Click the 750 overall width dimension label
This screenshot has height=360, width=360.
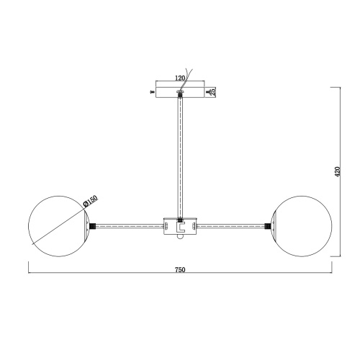[x=180, y=270]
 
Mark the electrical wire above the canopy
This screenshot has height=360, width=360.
[x=189, y=83]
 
